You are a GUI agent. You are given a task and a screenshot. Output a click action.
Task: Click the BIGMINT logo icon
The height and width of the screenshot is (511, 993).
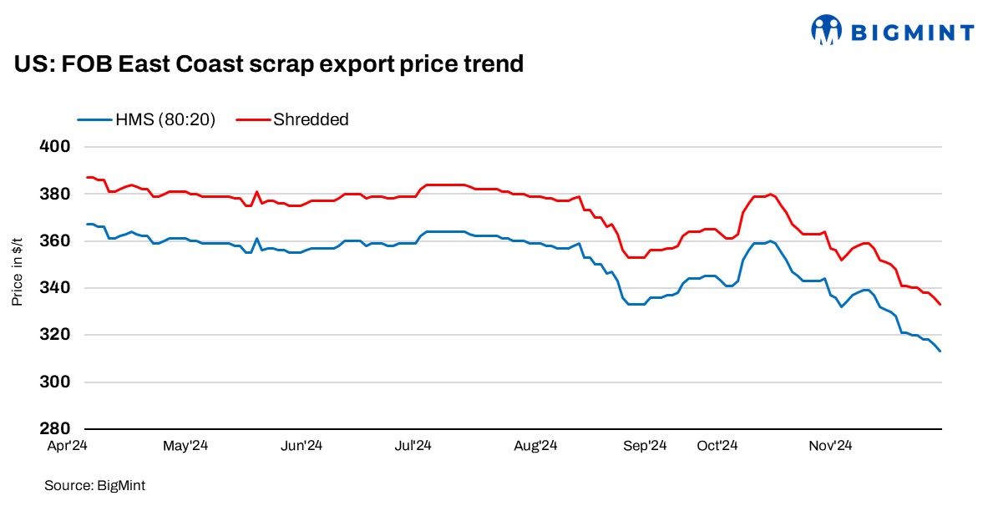tap(827, 30)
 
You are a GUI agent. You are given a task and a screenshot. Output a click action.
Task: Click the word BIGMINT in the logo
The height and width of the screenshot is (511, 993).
tap(912, 33)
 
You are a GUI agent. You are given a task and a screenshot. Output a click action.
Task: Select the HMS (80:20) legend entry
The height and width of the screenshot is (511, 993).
tap(147, 119)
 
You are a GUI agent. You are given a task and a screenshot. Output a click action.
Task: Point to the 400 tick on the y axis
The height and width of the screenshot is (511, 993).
tap(54, 147)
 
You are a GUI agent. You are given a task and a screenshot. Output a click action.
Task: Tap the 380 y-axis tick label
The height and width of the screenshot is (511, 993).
tap(54, 194)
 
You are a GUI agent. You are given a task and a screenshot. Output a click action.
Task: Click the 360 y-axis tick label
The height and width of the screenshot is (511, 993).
tap(54, 241)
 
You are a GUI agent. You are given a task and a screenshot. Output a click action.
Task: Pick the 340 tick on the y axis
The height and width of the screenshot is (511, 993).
tap(54, 288)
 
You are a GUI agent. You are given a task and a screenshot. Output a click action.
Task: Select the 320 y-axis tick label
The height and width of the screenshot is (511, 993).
tap(54, 335)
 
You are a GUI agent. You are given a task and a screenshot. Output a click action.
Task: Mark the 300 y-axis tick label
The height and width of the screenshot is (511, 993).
tap(54, 382)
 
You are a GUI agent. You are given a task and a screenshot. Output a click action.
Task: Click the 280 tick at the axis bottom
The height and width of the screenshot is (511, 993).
tap(54, 429)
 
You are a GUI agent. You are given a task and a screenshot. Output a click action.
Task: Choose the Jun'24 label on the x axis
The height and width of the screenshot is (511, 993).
tap(301, 447)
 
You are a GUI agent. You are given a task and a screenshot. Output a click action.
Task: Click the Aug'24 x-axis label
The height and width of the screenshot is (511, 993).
tap(535, 447)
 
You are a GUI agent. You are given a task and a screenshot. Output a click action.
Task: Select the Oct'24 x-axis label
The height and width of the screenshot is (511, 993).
tap(717, 447)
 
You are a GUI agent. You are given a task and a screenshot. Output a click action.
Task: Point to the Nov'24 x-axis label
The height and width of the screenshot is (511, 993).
tap(829, 447)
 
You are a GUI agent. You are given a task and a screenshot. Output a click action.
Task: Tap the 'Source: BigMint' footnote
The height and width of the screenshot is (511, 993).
tap(89, 485)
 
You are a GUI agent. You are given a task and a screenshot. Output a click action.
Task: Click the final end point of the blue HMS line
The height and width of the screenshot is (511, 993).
tap(940, 351)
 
